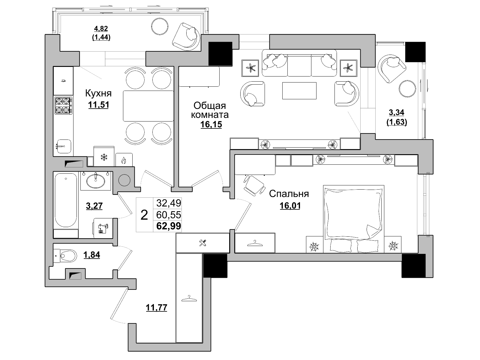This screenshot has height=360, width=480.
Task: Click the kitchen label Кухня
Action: point(98,93)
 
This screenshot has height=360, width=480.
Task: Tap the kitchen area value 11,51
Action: point(99,105)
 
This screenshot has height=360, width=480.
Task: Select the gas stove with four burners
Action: point(63,106)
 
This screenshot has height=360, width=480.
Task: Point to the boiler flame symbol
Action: point(124,161)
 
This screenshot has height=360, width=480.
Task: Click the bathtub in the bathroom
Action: point(66,200)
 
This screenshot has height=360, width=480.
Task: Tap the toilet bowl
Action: point(68,255)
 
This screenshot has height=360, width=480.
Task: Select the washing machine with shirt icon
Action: point(103,228)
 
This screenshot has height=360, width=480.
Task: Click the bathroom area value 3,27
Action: point(94,206)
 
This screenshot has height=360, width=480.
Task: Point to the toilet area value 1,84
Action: point(92,255)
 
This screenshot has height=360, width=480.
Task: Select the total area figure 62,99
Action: point(169,226)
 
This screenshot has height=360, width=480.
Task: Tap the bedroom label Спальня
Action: point(289,194)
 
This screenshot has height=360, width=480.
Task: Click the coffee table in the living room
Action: point(299,91)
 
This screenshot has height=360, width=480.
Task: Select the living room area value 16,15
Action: point(211,124)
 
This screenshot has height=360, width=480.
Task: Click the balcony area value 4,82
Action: point(101,28)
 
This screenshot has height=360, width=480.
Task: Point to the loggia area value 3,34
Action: point(397,112)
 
